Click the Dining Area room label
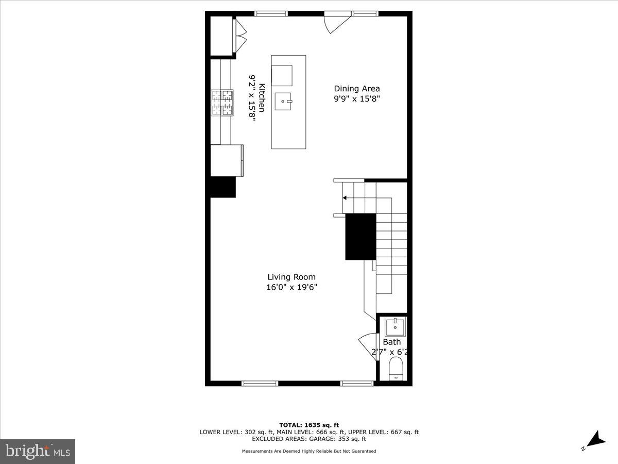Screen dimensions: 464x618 (x=357, y=89)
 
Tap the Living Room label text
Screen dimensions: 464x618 (x=291, y=277)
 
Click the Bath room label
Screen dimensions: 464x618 (x=391, y=342)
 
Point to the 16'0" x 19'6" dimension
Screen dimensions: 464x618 (x=291, y=288)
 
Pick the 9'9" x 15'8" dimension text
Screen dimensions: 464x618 (x=357, y=99)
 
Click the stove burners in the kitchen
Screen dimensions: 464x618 (x=222, y=102)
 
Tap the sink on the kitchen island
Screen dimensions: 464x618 (x=283, y=102)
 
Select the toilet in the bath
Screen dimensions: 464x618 (x=396, y=369)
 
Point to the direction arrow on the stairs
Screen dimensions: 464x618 (x=345, y=197)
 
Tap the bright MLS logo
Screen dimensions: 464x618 (x=38, y=452)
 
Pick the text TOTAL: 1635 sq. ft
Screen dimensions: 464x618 (x=309, y=425)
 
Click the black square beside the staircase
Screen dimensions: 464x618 (x=360, y=236)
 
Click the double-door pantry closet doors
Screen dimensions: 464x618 (x=240, y=36)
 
